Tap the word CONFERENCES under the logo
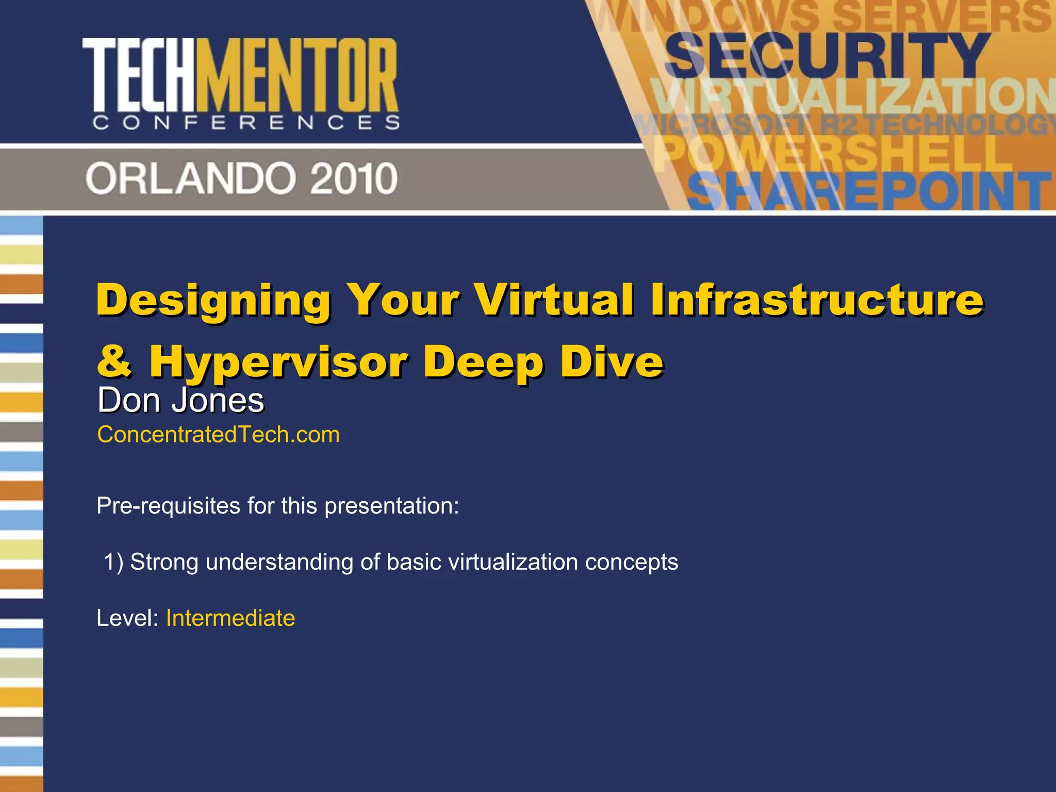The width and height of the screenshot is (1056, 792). pos(246,123)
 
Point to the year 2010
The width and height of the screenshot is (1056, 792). pos(354,178)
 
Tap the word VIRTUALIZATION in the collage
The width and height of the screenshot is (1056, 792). pos(851,97)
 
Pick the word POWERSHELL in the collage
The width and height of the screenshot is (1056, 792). pos(835,154)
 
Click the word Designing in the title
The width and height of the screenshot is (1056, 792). pos(213,300)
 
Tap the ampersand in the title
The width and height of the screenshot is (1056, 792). pos(114,360)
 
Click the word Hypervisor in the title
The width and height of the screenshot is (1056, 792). pos(279,362)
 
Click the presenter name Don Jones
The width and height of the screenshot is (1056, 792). pos(181,400)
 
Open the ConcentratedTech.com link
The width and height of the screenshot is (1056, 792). pos(218,435)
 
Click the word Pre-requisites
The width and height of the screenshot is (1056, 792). pos(168,506)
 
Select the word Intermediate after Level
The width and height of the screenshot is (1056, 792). pos(230,618)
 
